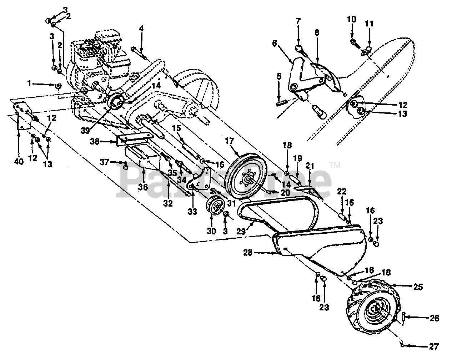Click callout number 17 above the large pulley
click(x=230, y=141)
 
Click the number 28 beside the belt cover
click(x=248, y=253)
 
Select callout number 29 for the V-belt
click(x=241, y=231)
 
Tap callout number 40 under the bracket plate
click(x=19, y=162)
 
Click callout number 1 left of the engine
click(x=29, y=83)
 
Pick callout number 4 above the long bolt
click(x=141, y=29)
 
